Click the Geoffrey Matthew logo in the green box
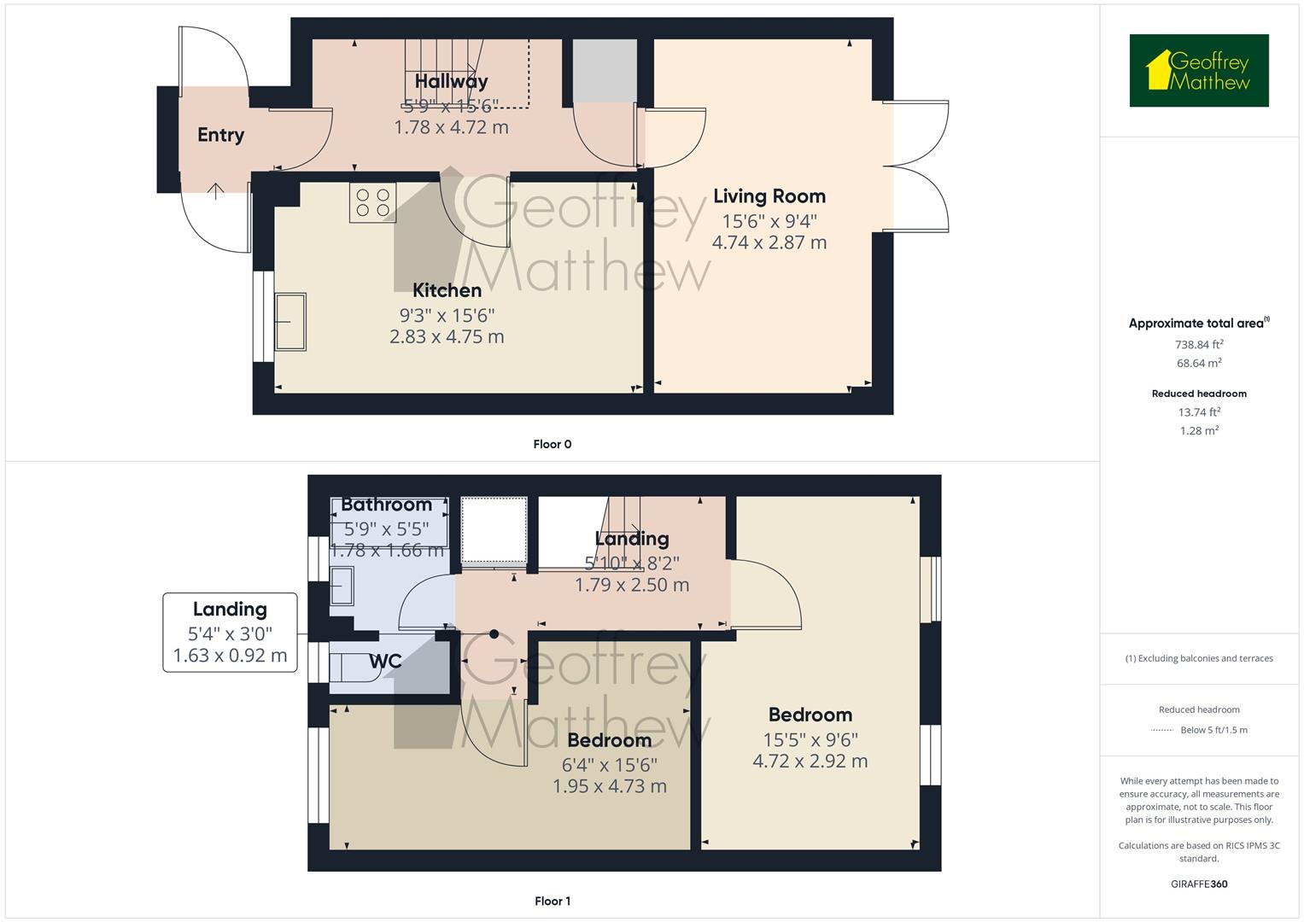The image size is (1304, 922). click(1199, 70)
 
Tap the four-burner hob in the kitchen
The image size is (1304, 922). click(372, 202)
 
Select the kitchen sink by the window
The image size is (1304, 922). click(290, 321)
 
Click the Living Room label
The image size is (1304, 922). click(769, 196)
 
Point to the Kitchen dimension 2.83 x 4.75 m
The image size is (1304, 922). click(447, 336)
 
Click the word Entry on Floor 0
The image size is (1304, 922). click(220, 135)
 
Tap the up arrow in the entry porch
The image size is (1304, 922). click(216, 191)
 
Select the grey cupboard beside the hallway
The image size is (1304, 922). click(605, 72)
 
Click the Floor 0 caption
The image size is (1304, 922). click(553, 444)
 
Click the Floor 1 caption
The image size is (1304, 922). click(553, 901)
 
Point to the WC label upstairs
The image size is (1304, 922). click(385, 662)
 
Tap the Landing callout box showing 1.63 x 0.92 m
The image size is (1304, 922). click(230, 633)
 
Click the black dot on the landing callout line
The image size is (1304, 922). click(494, 634)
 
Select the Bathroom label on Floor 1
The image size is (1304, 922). click(387, 504)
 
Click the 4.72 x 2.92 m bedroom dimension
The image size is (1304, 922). click(810, 761)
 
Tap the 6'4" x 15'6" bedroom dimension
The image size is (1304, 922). click(610, 764)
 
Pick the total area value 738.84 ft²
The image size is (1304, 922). click(1199, 344)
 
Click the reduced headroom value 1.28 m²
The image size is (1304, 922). click(1199, 430)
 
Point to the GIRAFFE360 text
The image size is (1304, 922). click(1199, 884)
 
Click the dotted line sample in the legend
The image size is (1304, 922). click(1162, 730)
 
